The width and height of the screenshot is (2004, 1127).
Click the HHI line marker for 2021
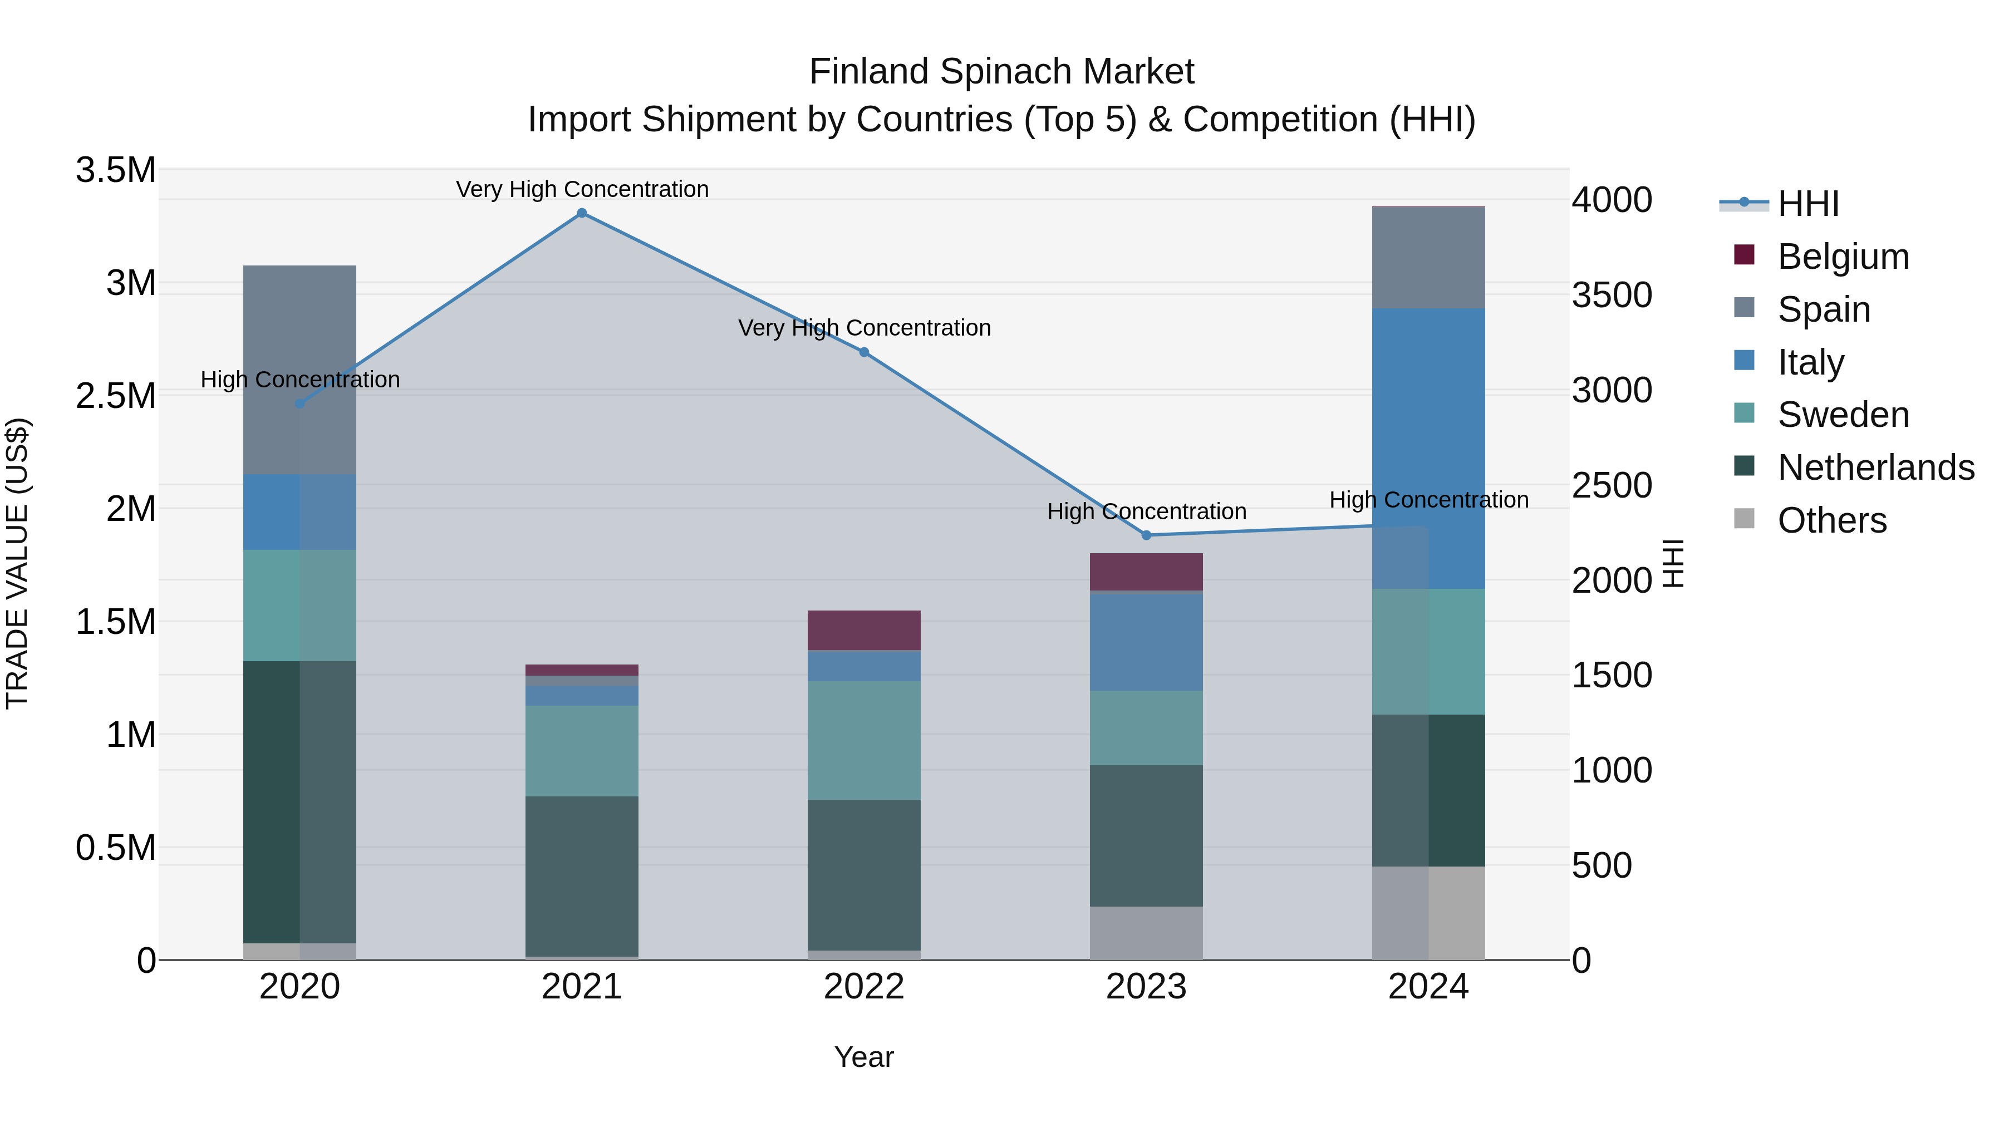coord(582,213)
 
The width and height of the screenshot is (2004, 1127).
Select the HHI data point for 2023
coord(1146,535)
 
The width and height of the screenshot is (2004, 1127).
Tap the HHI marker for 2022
coord(863,352)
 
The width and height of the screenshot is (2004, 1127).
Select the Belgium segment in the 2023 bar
coord(1146,572)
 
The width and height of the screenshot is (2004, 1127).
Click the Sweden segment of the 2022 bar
coord(863,740)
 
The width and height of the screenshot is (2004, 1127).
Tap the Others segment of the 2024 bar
coord(1428,913)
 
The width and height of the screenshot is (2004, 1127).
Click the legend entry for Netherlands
coord(1875,467)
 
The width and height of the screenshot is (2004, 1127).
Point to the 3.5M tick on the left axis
coord(115,170)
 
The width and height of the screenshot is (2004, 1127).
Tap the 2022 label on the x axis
coord(863,987)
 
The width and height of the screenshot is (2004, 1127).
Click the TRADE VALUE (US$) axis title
coord(17,563)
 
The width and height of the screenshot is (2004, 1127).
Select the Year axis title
coord(863,1057)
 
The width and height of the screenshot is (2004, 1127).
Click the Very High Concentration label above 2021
coord(582,189)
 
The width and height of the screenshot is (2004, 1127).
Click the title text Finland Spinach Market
coord(1001,72)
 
